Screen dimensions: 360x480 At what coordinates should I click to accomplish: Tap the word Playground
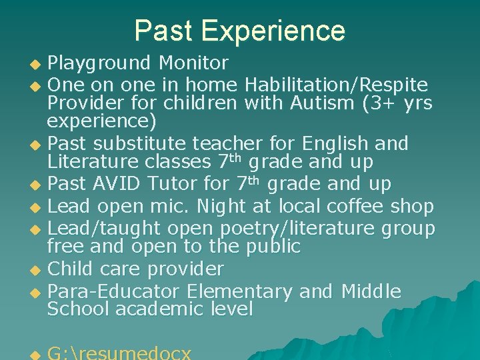point(99,64)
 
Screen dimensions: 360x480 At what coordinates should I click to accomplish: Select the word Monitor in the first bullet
point(193,63)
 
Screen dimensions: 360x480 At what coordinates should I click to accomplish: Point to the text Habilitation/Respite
point(336,85)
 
